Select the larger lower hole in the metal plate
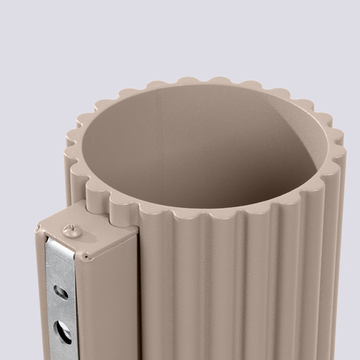[x=62, y=330]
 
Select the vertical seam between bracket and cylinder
[x=138, y=296]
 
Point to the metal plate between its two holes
[x=61, y=310]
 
